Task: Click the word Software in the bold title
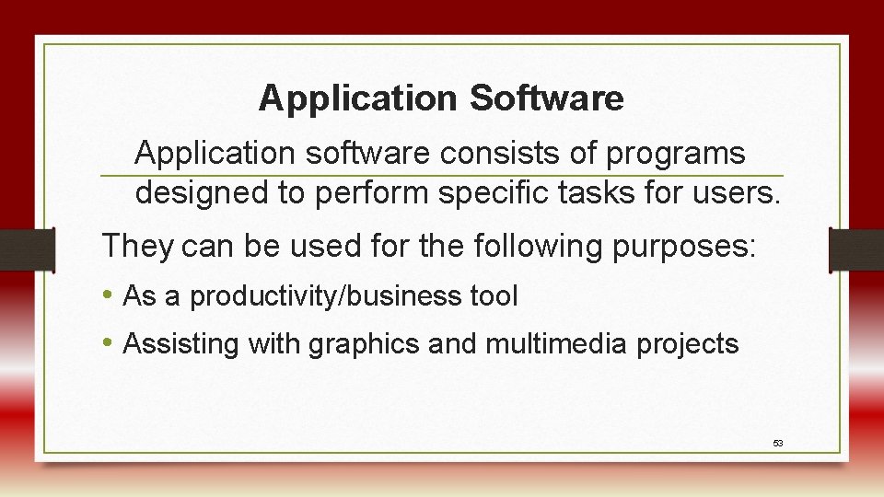point(547,98)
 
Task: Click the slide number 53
point(778,444)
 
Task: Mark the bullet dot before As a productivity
point(109,295)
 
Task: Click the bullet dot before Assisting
point(109,343)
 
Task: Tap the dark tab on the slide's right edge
point(856,249)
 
